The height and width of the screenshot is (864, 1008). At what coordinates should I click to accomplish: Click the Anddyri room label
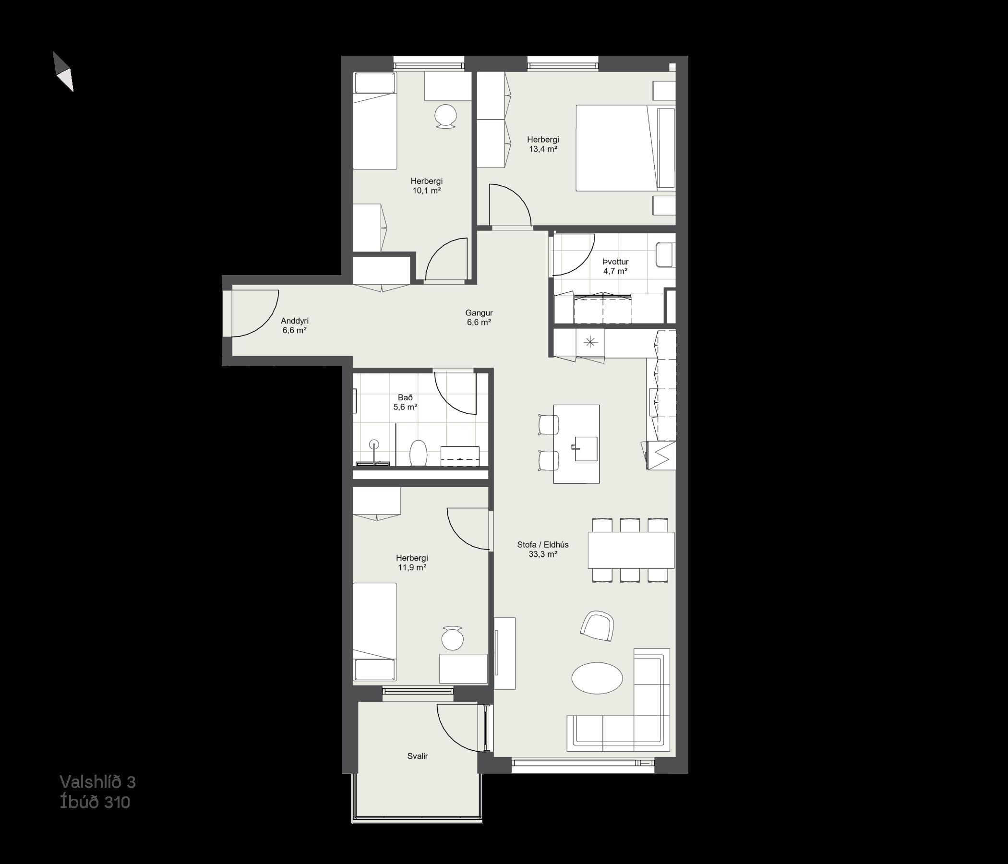(294, 321)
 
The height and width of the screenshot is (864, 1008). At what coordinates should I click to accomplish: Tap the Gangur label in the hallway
(479, 313)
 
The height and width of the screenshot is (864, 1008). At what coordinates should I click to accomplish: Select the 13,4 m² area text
(543, 149)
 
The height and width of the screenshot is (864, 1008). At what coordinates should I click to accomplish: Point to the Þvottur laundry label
(615, 262)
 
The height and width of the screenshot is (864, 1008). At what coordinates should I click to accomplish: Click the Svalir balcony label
(418, 756)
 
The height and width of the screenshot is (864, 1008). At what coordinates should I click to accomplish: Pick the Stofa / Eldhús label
(543, 544)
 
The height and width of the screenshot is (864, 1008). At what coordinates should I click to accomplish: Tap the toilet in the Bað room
(418, 453)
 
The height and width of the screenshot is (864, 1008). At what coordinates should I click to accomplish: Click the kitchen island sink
(585, 448)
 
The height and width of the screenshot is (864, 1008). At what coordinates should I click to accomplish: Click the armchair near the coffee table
(597, 626)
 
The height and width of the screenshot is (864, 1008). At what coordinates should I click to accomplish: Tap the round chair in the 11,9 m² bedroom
(453, 638)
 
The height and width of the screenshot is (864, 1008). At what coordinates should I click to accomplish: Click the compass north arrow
(63, 72)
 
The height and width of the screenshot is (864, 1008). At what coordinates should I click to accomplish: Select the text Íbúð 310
(95, 802)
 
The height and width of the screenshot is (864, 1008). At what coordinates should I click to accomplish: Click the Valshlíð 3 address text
(98, 782)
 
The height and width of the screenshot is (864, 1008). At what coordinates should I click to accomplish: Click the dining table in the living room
(631, 550)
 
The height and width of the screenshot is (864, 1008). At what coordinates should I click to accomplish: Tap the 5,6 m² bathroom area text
(405, 407)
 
